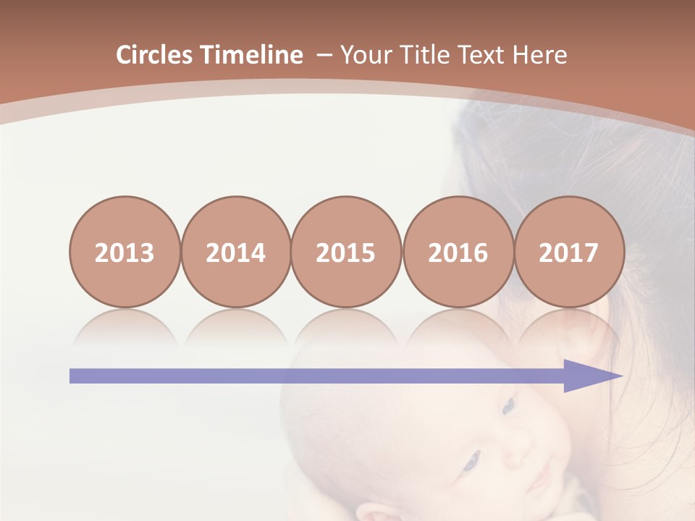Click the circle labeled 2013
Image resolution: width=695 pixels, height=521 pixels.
(x=125, y=253)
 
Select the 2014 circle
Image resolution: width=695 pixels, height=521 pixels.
(x=235, y=253)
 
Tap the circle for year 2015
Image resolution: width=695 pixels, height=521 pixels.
(x=346, y=253)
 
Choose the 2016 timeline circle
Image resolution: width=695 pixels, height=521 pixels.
(x=458, y=253)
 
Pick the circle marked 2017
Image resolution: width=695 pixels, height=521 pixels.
(x=568, y=253)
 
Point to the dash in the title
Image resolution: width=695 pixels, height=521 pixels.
(x=324, y=56)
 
